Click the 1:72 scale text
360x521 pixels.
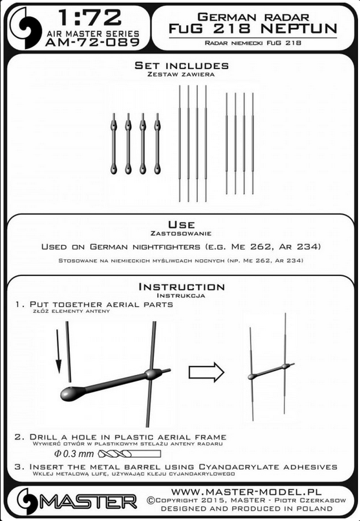89,17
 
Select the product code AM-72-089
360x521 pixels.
92,43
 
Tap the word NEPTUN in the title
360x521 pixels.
299,28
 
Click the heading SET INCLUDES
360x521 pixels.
182,65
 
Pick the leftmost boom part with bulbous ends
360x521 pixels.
114,144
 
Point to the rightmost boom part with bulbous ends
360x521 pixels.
158,144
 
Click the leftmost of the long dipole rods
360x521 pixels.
180,144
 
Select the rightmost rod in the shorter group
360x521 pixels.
253,144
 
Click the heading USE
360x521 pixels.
182,224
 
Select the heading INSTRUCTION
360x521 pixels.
182,287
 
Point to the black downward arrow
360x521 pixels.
58,351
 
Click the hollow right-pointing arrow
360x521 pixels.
206,372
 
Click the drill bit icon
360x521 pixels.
130,454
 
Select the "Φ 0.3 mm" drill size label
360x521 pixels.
74,454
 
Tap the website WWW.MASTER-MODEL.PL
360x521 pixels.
246,492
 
